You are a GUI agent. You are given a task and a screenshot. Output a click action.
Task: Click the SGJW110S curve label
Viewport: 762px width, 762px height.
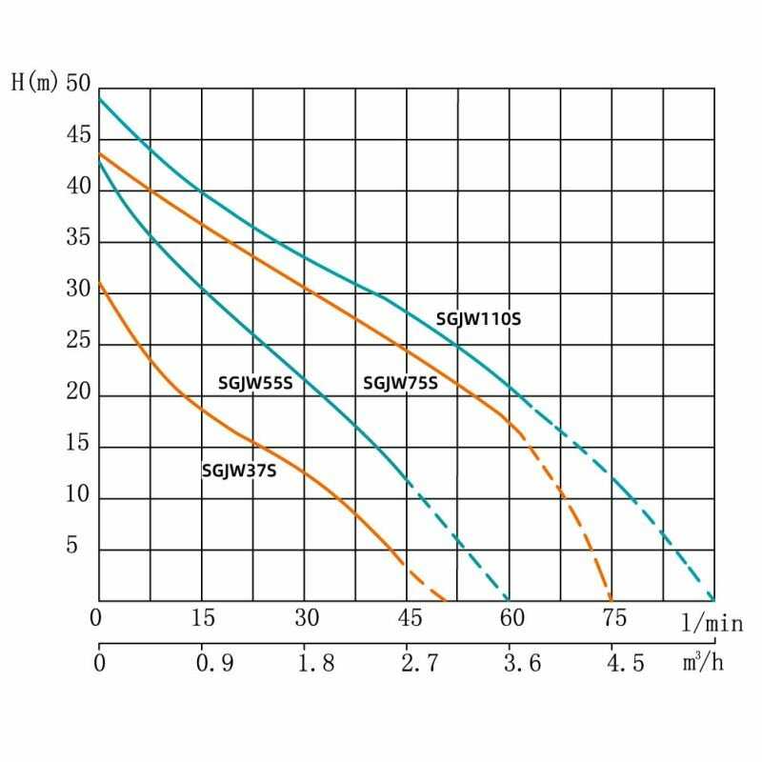[x=478, y=320]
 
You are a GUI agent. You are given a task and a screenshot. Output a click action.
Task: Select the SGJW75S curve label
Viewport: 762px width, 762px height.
[x=400, y=384]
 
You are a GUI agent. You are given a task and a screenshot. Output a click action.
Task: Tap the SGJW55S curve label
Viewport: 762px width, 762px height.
[x=254, y=384]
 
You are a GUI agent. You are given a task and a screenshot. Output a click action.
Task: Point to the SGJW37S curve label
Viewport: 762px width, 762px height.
[x=238, y=470]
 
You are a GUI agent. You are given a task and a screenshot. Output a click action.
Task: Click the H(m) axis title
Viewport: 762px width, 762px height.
[x=34, y=83]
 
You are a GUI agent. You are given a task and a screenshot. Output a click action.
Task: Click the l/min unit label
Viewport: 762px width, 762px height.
[x=712, y=624]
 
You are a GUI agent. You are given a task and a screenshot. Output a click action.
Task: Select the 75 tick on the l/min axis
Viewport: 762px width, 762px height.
[x=614, y=618]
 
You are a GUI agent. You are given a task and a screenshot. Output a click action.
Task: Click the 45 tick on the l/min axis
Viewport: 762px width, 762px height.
[x=409, y=618]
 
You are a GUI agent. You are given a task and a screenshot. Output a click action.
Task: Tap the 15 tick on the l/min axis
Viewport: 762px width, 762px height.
[x=203, y=618]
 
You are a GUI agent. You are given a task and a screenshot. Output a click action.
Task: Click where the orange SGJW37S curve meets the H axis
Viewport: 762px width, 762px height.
[x=99, y=282]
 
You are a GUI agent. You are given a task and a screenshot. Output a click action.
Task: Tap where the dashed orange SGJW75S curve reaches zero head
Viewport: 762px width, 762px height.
[x=611, y=600]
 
